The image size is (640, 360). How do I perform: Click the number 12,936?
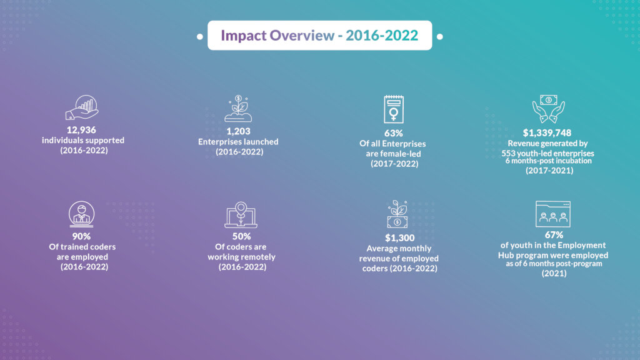81,130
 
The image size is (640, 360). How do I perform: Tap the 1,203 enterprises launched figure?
238,131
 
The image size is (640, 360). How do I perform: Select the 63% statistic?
394,133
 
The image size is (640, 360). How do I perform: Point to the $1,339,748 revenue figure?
547,132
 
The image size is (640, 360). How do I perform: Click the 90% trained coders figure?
81,236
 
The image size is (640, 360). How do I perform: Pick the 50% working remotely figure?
242,236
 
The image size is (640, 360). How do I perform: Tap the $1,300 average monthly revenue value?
399,237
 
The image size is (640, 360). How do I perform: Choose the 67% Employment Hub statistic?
554,235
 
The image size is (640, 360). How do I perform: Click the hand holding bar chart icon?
82,107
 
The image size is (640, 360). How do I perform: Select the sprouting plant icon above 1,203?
238,109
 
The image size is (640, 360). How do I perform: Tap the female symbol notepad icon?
394,109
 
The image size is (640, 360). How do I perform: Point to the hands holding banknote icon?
549,109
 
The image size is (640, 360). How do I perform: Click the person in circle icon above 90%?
82,214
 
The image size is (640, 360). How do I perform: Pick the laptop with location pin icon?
241,215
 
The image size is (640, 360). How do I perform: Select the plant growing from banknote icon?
397,214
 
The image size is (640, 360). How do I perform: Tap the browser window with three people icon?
553,214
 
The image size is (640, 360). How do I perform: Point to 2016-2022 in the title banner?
382,36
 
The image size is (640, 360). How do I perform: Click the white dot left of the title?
200,36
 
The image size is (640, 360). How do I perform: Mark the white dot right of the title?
439,36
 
